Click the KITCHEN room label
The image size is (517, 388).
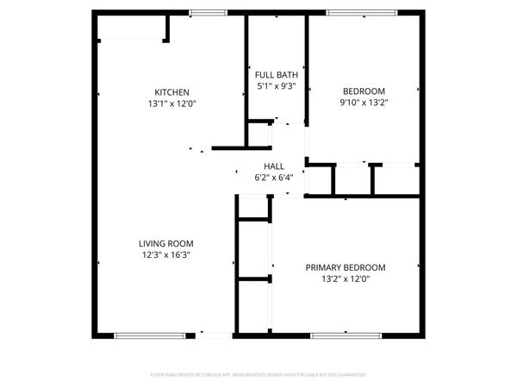tap(171, 92)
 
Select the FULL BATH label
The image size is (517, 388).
tap(276, 75)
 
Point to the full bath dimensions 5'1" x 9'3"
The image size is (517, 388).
tap(276, 86)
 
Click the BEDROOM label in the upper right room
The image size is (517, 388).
tap(364, 91)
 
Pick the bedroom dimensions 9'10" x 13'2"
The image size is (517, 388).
tap(364, 103)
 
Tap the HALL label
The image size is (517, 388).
tap(274, 166)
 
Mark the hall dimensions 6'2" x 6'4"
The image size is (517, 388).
tap(274, 178)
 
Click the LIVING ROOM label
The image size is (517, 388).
tap(166, 243)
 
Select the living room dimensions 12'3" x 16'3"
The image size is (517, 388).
tap(166, 254)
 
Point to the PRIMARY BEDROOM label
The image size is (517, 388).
tap(346, 267)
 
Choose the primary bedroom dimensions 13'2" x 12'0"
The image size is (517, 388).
tap(346, 278)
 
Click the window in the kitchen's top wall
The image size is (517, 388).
tap(208, 12)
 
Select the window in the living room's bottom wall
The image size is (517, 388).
tap(148, 335)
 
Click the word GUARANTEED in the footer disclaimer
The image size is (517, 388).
tap(352, 375)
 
